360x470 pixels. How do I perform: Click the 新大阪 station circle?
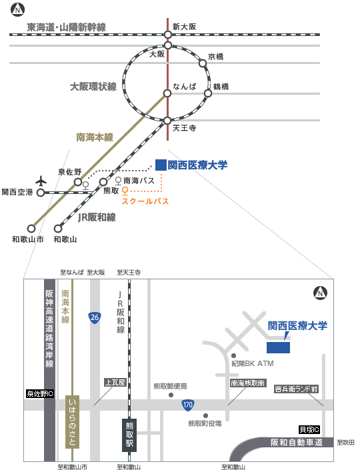click(168, 35)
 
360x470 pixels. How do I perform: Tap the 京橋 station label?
click(215, 57)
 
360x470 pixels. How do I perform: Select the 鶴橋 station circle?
click(208, 93)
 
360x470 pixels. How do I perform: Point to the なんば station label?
click(185, 87)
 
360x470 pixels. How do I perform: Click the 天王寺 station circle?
click(167, 121)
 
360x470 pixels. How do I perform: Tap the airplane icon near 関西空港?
click(41, 181)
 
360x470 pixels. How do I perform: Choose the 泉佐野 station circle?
click(78, 181)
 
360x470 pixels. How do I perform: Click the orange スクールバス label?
click(145, 201)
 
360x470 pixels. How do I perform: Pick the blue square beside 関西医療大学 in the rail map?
click(161, 165)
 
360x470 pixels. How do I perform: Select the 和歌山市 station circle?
click(31, 229)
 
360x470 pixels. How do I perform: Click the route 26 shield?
click(95, 317)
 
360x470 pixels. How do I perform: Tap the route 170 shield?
click(188, 405)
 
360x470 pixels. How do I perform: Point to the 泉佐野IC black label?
click(40, 393)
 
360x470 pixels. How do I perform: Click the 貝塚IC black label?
click(309, 429)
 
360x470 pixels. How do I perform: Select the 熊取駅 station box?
click(129, 435)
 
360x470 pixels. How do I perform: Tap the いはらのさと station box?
click(72, 422)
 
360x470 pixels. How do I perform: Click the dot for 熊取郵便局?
click(171, 395)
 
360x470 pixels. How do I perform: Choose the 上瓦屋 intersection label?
click(115, 382)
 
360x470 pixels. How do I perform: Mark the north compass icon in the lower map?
click(320, 293)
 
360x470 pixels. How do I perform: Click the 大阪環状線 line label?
click(93, 87)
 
